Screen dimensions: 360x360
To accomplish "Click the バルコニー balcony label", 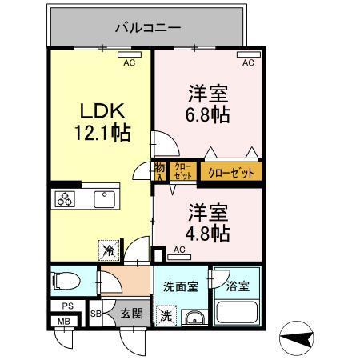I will pos(147,27).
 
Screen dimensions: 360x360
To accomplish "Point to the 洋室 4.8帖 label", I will pos(209,223).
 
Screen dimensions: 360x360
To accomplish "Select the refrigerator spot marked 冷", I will pos(106,250).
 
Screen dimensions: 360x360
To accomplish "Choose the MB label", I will pos(62,322).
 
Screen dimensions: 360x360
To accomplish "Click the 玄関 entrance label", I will pos(131,313).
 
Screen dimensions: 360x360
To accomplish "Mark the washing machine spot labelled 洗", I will pos(166,314).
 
